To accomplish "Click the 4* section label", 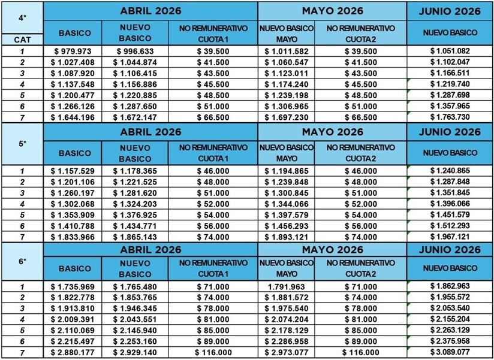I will (x=22, y=17).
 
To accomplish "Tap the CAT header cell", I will (x=22, y=39).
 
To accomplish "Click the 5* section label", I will (x=22, y=144).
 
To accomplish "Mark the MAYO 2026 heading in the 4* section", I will (x=333, y=11).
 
